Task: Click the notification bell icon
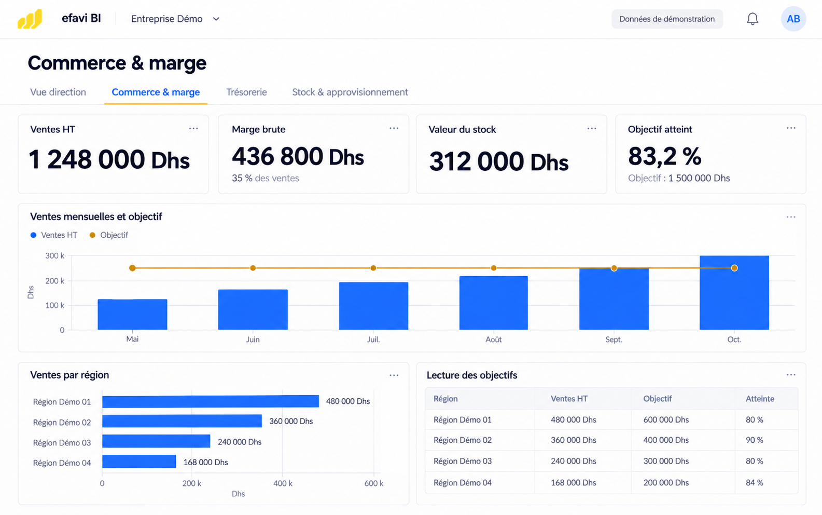[753, 19]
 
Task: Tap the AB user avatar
[793, 19]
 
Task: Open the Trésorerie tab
[246, 92]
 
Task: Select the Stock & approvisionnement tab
[350, 92]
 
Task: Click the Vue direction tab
[58, 92]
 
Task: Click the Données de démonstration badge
[667, 19]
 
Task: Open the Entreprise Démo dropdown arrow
[216, 19]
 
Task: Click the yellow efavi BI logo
[30, 19]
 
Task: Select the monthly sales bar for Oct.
[734, 292]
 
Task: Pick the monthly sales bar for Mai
[132, 315]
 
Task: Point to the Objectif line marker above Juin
[253, 268]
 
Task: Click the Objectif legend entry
[109, 235]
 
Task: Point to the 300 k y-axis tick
[54, 255]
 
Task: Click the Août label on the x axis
[494, 340]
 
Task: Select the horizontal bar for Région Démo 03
[156, 441]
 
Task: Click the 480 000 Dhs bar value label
[348, 401]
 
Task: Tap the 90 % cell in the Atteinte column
[755, 440]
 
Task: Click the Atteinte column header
[760, 399]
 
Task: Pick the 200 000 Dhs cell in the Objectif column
[666, 483]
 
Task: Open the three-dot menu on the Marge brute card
[394, 128]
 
